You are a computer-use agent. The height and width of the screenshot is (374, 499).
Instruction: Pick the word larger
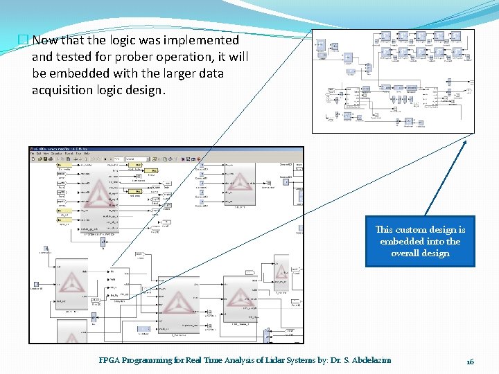point(171,73)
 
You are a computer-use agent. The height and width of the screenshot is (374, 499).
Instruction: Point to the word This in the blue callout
point(385,230)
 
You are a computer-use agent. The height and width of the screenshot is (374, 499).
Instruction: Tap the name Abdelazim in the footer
point(369,361)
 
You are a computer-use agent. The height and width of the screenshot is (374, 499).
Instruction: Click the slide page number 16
point(470,362)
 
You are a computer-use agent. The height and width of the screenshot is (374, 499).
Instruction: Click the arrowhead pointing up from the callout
point(465,143)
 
